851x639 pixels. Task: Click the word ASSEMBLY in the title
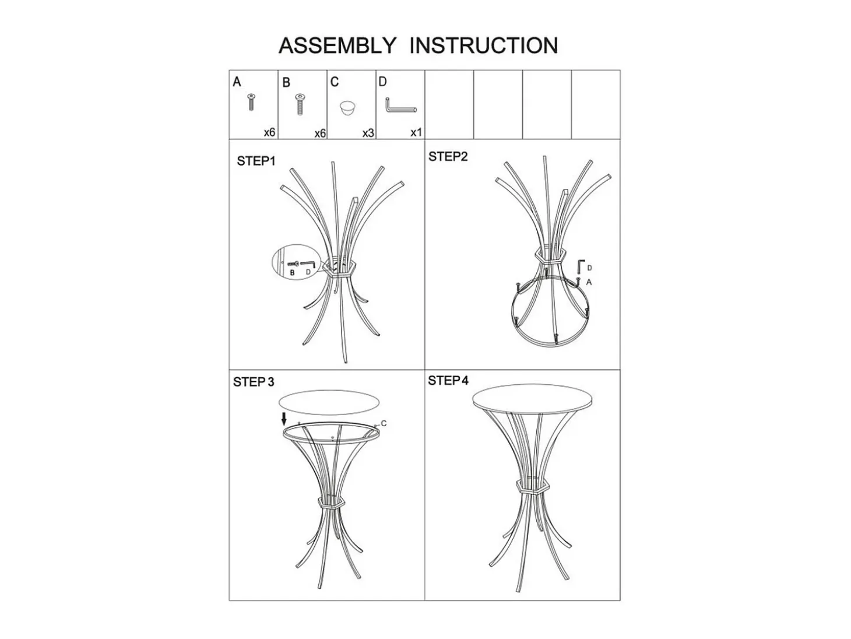337,45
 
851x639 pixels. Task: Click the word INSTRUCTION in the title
483,45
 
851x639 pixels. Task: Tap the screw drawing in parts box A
251,101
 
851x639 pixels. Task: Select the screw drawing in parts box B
299,104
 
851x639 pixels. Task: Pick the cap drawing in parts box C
347,108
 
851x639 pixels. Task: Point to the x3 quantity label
368,133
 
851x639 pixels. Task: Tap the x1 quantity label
416,132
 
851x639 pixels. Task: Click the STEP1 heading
256,161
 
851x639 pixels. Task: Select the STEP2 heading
448,156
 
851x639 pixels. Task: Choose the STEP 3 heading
253,382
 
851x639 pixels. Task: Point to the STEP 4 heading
448,380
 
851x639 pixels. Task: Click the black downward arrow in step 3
284,419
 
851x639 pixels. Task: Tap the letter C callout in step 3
384,423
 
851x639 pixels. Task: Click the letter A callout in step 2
589,282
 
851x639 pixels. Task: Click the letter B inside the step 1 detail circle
292,273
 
